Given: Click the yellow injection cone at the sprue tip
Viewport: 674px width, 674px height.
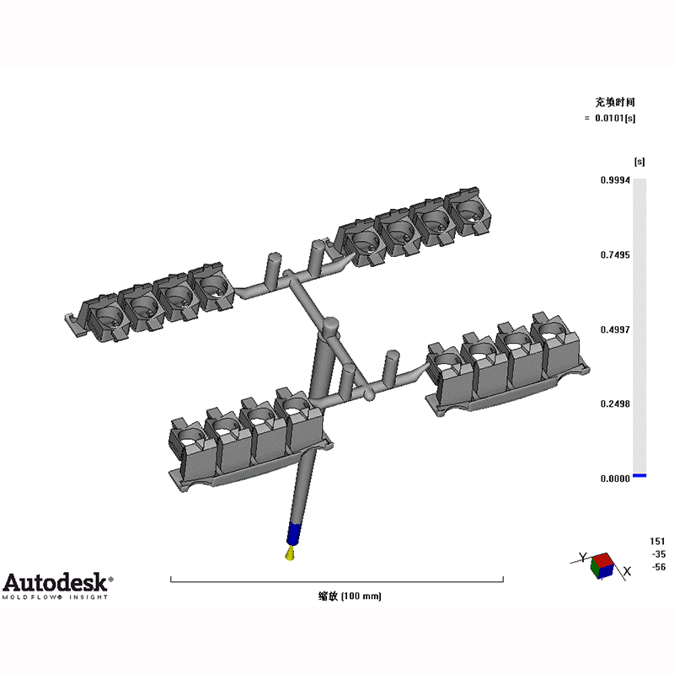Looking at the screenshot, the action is click(x=290, y=554).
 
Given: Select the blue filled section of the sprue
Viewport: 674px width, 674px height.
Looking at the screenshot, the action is click(x=293, y=534).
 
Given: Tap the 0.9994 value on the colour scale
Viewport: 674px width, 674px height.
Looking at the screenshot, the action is click(x=615, y=180).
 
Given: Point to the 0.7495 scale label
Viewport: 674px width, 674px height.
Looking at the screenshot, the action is click(x=615, y=255).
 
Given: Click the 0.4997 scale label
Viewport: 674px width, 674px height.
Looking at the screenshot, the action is click(x=615, y=329).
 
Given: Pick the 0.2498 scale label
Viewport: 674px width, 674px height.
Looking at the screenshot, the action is click(x=615, y=404).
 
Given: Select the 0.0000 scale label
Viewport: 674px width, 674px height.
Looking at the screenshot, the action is click(x=615, y=479).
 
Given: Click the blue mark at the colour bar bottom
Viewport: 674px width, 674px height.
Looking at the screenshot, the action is click(x=639, y=475).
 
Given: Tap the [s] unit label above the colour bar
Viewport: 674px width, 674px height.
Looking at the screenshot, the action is click(x=639, y=162).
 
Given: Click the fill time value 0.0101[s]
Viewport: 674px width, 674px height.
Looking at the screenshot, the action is click(x=615, y=118).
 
